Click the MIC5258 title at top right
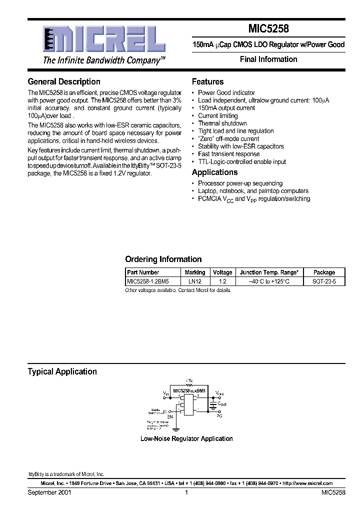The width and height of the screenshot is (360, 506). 269,29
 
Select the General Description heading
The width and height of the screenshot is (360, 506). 64,81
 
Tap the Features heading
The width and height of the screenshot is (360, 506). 207,81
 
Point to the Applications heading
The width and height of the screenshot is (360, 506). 214,172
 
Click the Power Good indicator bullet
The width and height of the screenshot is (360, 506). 226,92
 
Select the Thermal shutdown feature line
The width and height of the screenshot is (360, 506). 222,123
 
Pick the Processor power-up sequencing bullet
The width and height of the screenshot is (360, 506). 240,183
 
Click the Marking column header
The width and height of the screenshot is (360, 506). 194,272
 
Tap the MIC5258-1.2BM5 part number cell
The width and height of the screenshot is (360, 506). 148,281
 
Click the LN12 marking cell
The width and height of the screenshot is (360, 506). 194,281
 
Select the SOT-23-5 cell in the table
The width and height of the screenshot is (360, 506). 324,281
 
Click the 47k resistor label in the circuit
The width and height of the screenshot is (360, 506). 188,381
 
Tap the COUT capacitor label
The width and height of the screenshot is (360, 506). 221,403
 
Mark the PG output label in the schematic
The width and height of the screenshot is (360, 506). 219,415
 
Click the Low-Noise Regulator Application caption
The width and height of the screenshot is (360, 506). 186,438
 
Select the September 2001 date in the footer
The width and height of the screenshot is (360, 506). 49,492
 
